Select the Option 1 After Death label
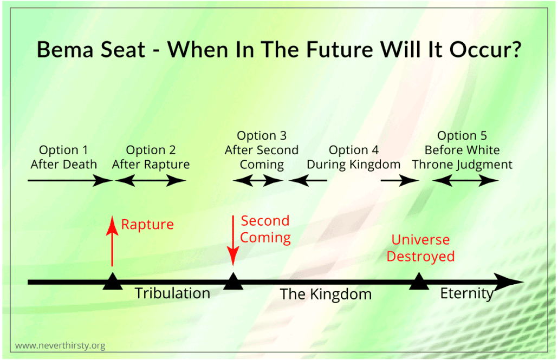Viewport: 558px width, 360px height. coord(63,157)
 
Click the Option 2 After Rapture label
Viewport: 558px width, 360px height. coord(151,157)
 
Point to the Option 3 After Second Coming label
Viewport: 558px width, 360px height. coord(262,150)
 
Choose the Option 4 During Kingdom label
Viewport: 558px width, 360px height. coord(353,157)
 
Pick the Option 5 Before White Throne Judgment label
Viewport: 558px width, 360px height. coord(462,150)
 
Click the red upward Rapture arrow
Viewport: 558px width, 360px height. coord(112,241)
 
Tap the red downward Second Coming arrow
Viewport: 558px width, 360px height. coord(233,241)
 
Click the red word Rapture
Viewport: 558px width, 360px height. coord(147,224)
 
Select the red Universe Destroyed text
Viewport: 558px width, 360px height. coord(420,248)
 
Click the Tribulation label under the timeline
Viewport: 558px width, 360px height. coord(172,293)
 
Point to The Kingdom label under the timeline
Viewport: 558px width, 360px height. coord(326,294)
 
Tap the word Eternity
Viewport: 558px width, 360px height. coord(466,293)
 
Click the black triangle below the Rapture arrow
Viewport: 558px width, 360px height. coord(112,282)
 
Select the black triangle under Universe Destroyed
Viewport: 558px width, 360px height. coord(418,282)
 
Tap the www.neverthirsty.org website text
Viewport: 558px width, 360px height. coord(60,345)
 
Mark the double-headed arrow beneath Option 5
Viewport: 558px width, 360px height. coord(465,181)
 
